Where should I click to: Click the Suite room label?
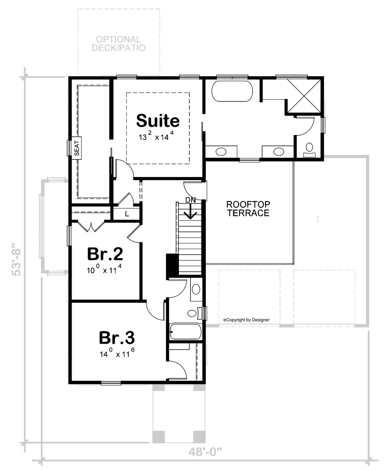(x=158, y=121)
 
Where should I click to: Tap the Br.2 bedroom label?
(x=105, y=254)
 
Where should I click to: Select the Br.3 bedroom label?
(x=117, y=338)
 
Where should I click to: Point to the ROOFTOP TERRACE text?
(x=248, y=209)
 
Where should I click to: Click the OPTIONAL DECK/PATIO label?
(x=118, y=44)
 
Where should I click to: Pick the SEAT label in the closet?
(x=77, y=149)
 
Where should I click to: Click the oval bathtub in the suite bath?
(x=232, y=91)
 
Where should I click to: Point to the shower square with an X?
(x=304, y=96)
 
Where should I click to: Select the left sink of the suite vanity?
(x=221, y=152)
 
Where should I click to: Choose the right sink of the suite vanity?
(x=278, y=152)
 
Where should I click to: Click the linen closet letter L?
(x=127, y=214)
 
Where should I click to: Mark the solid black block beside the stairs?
(x=172, y=266)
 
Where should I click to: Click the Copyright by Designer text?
(x=246, y=320)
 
